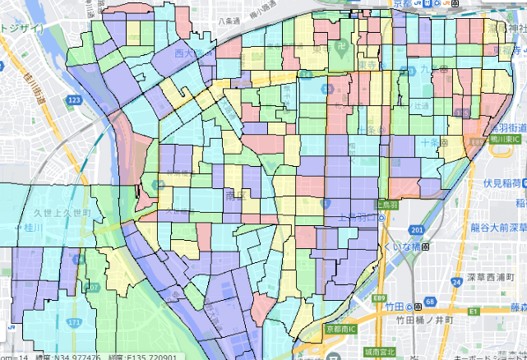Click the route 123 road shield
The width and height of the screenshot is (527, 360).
click(75, 99)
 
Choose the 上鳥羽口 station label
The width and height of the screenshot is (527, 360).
click(363, 219)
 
